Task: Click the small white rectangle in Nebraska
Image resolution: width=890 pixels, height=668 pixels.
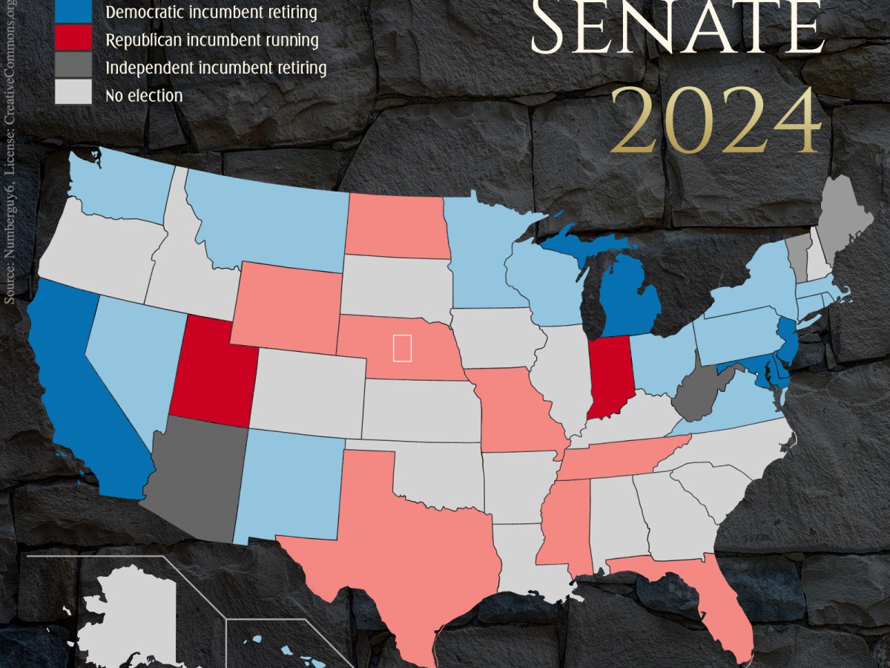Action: tap(402, 348)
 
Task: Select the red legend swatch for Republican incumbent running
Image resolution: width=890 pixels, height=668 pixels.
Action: tap(73, 40)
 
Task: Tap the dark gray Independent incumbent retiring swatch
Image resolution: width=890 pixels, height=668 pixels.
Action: tap(73, 68)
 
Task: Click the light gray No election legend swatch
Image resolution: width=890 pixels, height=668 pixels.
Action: tap(73, 94)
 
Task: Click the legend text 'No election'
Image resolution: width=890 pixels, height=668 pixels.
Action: tap(144, 95)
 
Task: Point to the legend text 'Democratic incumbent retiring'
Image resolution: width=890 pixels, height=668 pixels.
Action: tap(211, 13)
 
